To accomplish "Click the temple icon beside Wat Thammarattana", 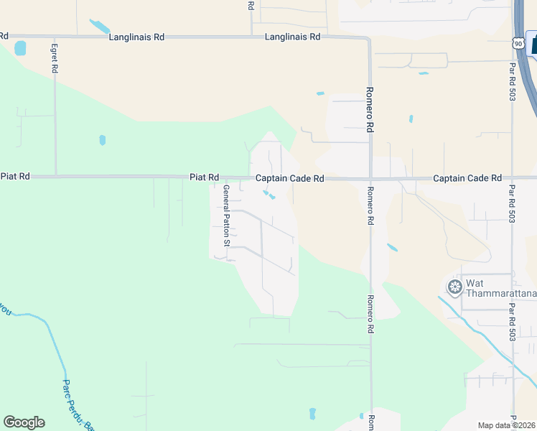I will click(454, 287).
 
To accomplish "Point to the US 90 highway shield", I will click(518, 44).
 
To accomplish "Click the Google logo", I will click(24, 422).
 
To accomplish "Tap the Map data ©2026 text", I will click(506, 425).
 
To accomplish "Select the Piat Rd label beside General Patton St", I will click(204, 177).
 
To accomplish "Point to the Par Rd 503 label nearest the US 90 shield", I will click(512, 81).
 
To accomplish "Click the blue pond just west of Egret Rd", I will click(20, 48).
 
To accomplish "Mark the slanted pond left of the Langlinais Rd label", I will click(99, 27).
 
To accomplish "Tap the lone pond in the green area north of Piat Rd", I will click(102, 139).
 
